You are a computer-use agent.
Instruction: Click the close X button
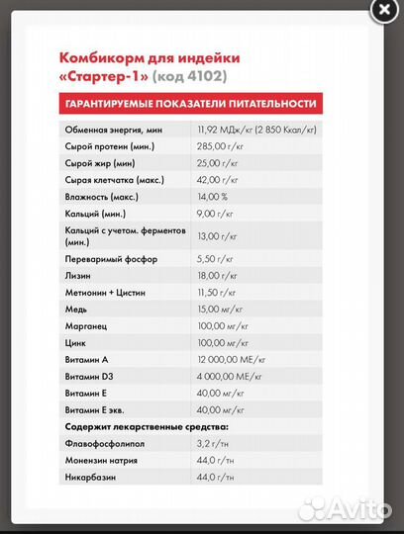(x=382, y=10)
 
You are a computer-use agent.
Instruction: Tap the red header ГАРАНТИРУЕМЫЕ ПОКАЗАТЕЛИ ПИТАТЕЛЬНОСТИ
(x=191, y=103)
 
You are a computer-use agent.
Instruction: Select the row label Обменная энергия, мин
(x=113, y=130)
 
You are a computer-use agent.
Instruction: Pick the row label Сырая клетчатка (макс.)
(x=115, y=179)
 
